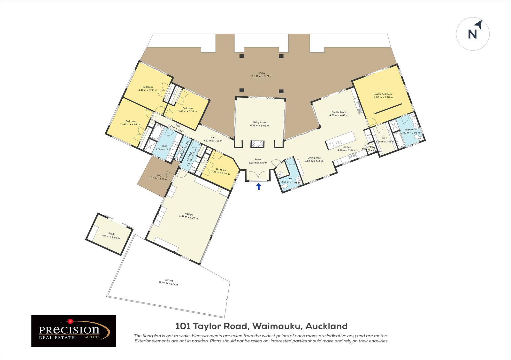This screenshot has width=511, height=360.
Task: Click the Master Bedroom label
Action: (x=382, y=94)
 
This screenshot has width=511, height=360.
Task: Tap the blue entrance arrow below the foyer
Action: (x=259, y=186)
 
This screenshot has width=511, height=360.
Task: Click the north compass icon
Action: (x=473, y=34)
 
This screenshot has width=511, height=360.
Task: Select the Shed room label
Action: (x=111, y=234)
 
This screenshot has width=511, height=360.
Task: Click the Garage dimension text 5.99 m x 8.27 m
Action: (x=188, y=218)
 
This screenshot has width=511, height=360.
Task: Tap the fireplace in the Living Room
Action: (x=257, y=144)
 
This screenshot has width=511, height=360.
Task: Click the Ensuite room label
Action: (x=409, y=130)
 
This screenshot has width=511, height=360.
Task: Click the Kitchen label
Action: (x=347, y=147)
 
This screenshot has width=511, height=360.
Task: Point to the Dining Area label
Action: (x=314, y=157)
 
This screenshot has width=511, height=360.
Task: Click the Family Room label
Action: (x=339, y=112)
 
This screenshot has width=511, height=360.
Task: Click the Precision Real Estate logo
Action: (x=74, y=331)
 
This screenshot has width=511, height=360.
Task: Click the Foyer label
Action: (x=258, y=159)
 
